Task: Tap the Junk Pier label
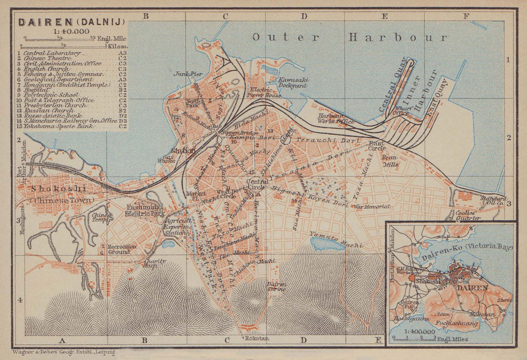189,74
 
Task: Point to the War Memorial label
372,207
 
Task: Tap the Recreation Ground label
122,249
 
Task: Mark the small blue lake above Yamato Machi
327,242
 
